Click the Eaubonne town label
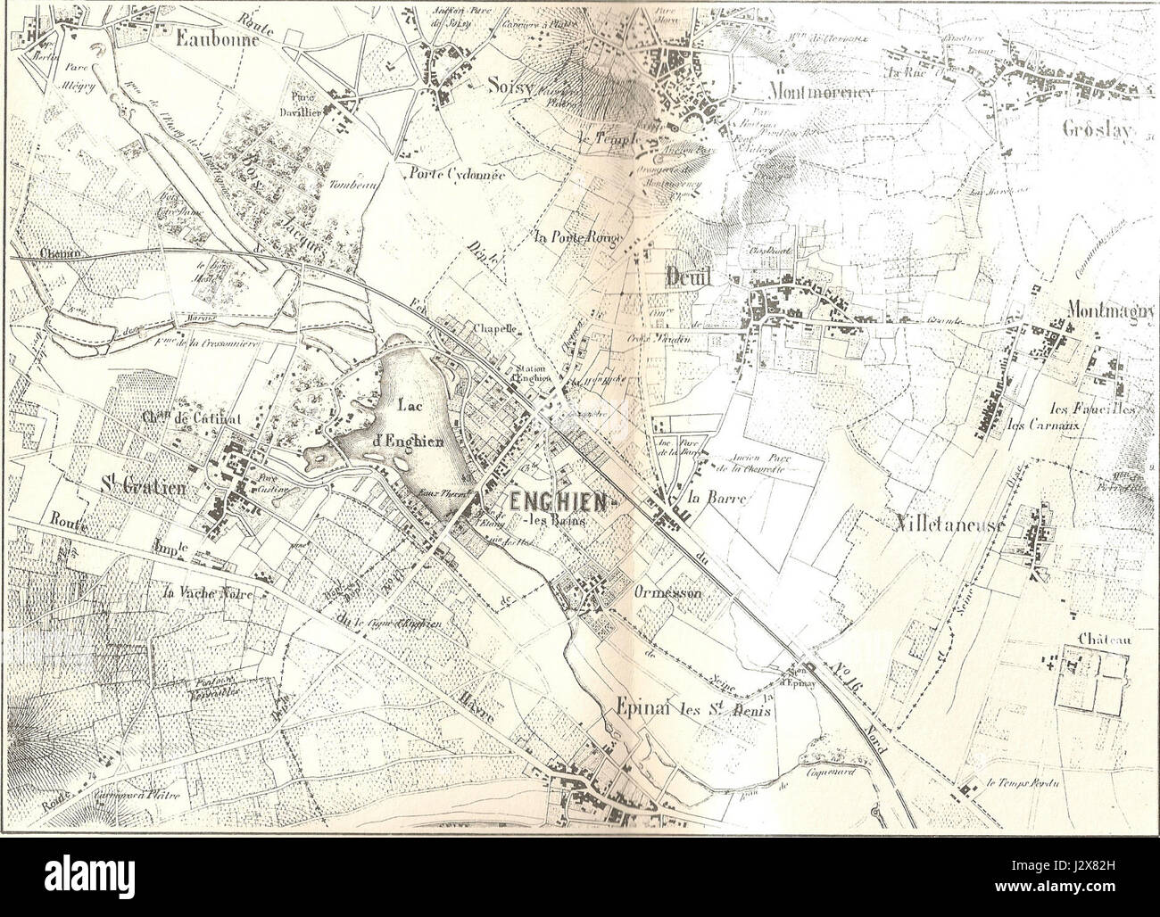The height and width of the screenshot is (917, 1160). [218, 38]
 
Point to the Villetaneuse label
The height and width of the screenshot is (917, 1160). [950, 526]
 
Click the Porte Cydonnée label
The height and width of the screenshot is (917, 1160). [452, 175]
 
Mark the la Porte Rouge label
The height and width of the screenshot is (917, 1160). [578, 237]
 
